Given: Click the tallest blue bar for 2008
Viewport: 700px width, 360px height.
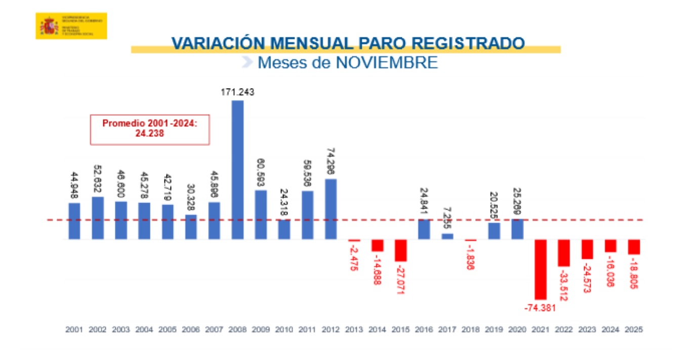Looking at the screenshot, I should pos(237,170).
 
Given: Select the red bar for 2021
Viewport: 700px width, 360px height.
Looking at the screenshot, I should pos(541,269).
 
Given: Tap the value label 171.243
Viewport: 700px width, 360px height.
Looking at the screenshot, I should pos(237,93).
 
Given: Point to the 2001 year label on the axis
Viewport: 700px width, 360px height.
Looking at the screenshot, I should pos(74,329).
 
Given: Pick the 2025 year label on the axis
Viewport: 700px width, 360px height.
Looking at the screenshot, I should pos(634,329).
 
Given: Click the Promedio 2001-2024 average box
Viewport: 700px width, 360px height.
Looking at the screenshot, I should pos(149,129).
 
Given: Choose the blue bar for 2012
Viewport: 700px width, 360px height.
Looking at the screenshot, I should pos(331,209).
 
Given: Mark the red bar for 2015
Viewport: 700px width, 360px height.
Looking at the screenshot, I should pos(400,250).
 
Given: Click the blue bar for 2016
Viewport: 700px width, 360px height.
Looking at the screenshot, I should pos(424,229).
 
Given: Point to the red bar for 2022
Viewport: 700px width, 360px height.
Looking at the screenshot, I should pos(564,253).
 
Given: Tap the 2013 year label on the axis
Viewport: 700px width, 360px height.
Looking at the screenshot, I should pos(354,329).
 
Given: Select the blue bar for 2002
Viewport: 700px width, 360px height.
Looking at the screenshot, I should pos(98,218).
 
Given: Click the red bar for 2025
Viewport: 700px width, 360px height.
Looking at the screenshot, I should pos(634,247).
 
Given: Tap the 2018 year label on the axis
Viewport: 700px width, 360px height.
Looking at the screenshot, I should pos(470,329).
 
